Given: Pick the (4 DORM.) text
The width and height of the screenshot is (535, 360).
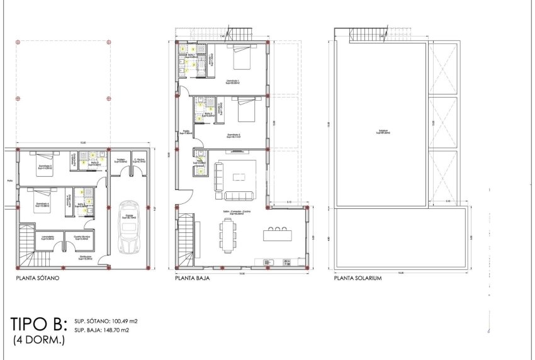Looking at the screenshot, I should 38,340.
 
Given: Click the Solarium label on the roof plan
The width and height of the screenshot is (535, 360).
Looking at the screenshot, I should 383,132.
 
